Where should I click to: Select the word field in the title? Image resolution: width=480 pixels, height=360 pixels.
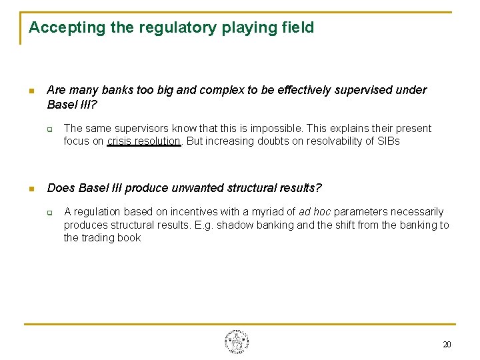click(x=297, y=28)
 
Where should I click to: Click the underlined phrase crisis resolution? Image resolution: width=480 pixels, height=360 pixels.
click(x=143, y=141)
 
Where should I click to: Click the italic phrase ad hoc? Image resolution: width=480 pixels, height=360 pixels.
click(x=315, y=212)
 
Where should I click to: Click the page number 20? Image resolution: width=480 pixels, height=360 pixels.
click(x=447, y=344)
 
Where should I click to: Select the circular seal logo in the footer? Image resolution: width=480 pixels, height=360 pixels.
click(x=237, y=342)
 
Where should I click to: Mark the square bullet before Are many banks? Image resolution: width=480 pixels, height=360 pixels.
click(x=31, y=91)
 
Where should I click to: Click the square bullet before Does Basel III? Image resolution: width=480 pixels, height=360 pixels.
click(x=31, y=189)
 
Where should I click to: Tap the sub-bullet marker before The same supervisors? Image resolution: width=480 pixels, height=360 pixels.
click(x=50, y=129)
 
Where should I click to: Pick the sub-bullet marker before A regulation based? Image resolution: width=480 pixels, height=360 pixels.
click(x=50, y=213)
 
